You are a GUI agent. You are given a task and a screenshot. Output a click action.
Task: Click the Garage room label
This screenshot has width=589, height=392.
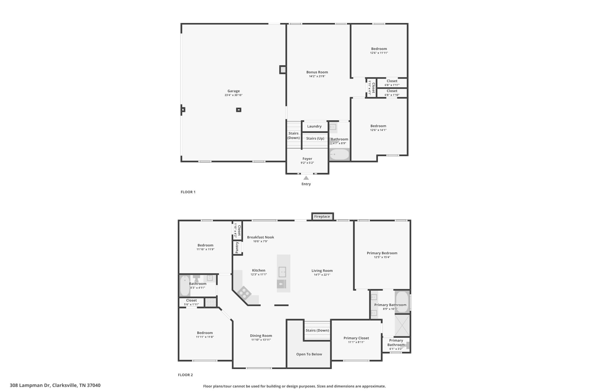click(x=233, y=91)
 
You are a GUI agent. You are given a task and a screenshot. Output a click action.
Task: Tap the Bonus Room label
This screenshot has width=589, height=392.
click(x=317, y=72)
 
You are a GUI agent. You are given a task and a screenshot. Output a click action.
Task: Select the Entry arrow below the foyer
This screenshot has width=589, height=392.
click(x=306, y=178)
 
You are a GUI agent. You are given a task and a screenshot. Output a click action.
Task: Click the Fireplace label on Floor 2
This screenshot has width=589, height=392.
click(x=322, y=217)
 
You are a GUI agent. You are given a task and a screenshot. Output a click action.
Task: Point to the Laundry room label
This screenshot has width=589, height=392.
click(x=314, y=126)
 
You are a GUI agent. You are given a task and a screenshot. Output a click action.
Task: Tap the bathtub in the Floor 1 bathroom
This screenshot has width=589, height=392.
click(x=339, y=155)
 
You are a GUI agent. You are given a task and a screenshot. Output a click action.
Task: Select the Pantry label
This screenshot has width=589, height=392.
click(x=237, y=248)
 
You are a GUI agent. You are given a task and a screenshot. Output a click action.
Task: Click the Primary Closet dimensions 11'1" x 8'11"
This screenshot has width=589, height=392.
click(x=356, y=342)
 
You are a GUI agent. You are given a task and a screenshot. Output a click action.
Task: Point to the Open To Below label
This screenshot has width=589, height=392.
click(x=309, y=354)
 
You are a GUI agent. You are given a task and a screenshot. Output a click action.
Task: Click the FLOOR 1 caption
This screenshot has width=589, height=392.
click(x=188, y=192)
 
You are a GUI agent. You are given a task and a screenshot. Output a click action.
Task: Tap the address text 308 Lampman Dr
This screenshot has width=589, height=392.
click(x=55, y=385)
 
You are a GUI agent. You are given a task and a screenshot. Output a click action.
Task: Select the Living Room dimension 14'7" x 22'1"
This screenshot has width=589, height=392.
click(x=322, y=275)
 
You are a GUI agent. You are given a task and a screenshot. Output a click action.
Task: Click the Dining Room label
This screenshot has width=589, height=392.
click(x=261, y=335)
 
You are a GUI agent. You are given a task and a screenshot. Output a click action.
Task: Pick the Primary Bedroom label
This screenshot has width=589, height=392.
click(x=382, y=253)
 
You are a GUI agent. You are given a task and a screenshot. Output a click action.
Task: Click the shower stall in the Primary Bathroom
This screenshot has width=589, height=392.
click(x=402, y=325)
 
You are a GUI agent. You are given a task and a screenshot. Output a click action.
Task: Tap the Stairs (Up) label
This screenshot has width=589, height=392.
click(x=315, y=138)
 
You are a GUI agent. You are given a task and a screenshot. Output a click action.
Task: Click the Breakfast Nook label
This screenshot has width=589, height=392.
click(x=260, y=237)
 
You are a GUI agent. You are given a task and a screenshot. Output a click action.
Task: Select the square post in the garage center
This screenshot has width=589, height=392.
click(x=238, y=110)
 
